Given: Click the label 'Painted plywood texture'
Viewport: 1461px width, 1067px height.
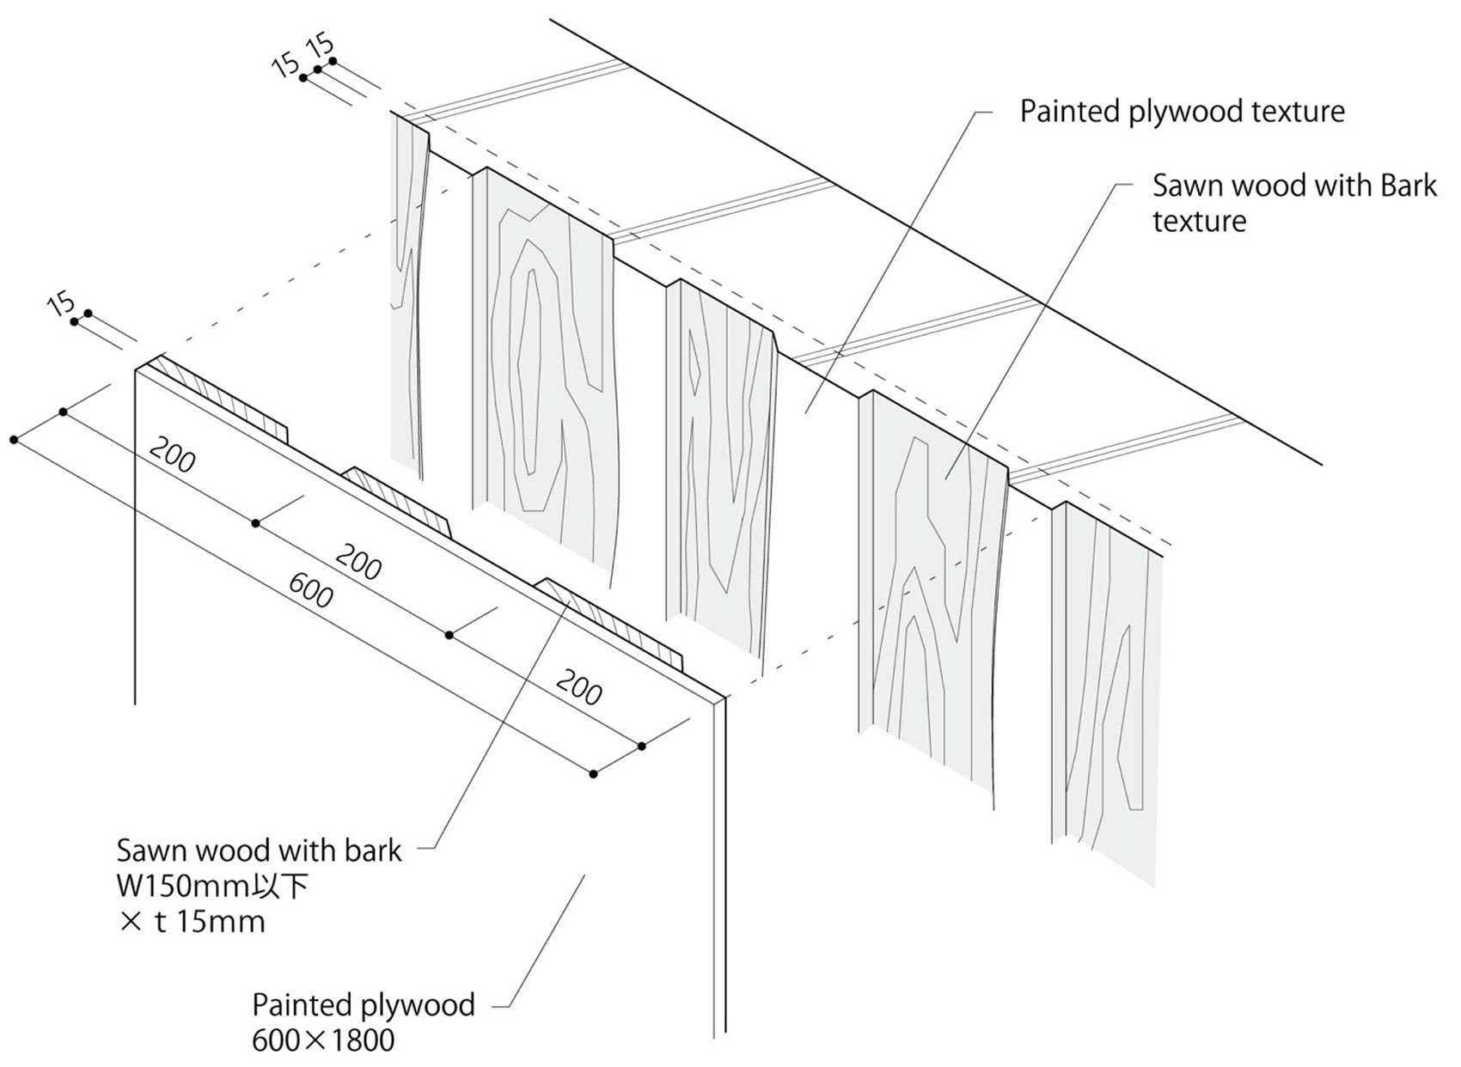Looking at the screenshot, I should pos(1182,112).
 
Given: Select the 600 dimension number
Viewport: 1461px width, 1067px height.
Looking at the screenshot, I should pos(310,590).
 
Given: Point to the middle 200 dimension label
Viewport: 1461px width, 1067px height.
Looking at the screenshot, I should pos(358,563).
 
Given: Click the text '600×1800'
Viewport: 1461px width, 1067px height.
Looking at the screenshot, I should pos(323,1040).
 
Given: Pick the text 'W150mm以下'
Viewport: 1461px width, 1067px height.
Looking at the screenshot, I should pos(212,886).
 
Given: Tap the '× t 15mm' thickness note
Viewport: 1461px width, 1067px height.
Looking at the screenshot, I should pos(192,922).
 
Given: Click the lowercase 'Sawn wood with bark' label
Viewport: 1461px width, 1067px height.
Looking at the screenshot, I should pos(259,851).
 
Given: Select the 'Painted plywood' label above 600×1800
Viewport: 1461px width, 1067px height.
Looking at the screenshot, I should pos(363,1004).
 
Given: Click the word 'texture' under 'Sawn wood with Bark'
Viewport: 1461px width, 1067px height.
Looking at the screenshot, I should pos(1199,222).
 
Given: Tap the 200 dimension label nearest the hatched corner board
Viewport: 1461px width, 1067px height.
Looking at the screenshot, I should pos(172,454).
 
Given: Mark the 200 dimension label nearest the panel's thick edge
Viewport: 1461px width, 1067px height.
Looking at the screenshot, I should pos(578,687).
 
